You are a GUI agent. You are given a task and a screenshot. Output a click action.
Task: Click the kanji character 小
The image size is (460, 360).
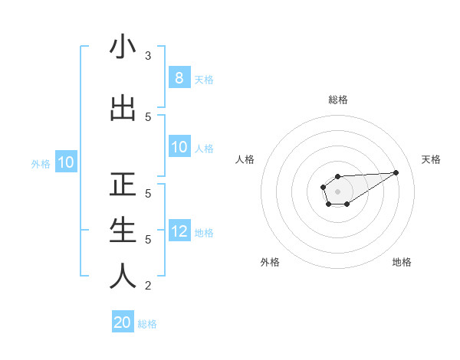click(x=123, y=48)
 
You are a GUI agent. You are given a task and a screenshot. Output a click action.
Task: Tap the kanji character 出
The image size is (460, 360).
click(x=123, y=110)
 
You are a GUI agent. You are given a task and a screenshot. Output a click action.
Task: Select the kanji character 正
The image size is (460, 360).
click(x=123, y=185)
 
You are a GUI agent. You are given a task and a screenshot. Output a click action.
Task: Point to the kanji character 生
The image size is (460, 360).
click(x=123, y=231)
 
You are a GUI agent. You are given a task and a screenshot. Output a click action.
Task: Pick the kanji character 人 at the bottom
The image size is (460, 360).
click(x=123, y=277)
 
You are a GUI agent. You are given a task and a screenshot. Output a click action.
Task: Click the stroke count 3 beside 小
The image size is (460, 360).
click(x=148, y=56)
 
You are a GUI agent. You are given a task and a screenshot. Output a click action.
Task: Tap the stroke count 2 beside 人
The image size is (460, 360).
click(x=148, y=286)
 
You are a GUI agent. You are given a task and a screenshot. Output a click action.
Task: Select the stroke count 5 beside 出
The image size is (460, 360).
click(x=148, y=116)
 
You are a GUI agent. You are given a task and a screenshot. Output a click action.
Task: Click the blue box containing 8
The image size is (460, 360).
click(x=179, y=78)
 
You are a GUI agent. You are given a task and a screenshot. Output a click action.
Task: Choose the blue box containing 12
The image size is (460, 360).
click(x=179, y=231)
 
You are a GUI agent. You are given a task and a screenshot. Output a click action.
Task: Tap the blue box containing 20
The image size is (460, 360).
click(x=123, y=322)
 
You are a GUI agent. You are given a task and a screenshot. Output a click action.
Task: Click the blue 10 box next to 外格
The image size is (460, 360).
click(x=65, y=162)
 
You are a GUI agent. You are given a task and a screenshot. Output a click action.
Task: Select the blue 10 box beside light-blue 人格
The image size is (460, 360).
click(x=179, y=147)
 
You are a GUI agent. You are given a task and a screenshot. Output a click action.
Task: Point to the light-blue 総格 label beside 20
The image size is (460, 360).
click(x=147, y=324)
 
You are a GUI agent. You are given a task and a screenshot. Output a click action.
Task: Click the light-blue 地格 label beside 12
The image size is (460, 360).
click(x=204, y=232)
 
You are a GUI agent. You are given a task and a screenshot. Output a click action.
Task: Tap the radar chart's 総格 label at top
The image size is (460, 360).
click(x=337, y=100)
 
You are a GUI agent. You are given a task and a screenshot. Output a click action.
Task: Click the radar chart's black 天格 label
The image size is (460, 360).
click(x=432, y=159)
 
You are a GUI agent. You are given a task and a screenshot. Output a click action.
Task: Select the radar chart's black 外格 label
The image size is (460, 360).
click(x=270, y=262)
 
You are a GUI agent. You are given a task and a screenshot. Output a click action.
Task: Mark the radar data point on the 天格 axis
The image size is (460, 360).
click(x=396, y=172)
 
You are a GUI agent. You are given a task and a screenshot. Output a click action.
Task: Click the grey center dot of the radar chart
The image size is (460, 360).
click(x=337, y=191)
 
